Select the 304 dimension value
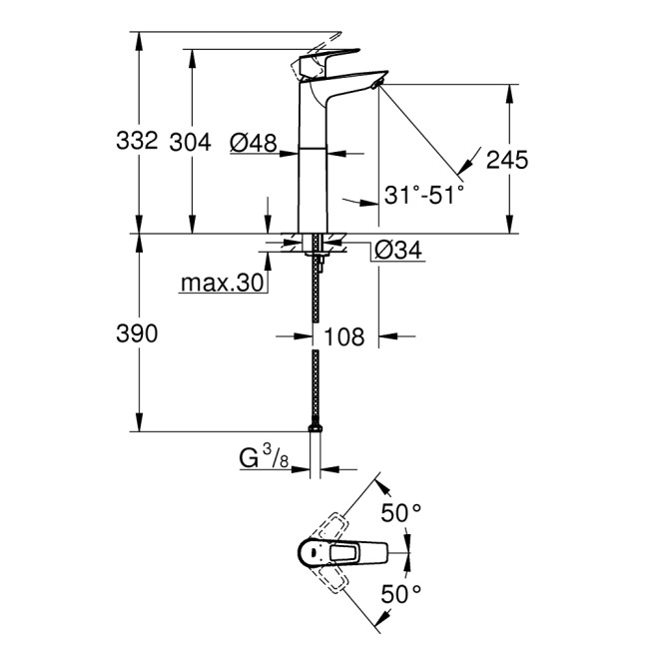click(190, 143)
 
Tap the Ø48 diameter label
click(252, 144)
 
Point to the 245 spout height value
click(507, 159)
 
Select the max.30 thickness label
click(221, 284)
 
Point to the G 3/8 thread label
click(262, 459)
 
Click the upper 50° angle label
click(402, 514)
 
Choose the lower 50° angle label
click(402, 594)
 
